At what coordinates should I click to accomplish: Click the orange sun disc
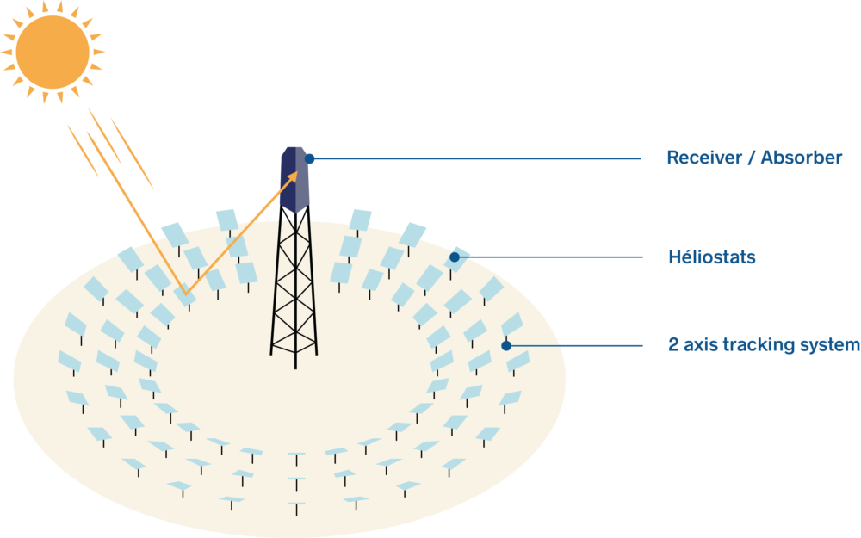click(53, 53)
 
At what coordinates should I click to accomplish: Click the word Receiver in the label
click(704, 158)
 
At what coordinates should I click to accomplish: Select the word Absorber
click(801, 158)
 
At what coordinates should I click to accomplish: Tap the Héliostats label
click(712, 257)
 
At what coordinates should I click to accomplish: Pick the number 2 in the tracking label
click(673, 345)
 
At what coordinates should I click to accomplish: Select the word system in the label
click(829, 345)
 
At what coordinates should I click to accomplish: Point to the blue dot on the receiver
click(310, 158)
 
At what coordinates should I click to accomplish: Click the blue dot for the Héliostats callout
click(455, 257)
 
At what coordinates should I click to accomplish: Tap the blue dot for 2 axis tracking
click(506, 345)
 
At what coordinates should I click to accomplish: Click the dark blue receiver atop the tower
click(294, 180)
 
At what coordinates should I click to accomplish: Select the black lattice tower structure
click(294, 286)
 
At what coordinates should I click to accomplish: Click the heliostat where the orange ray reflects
click(184, 295)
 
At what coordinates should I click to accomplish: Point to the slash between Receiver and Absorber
click(751, 158)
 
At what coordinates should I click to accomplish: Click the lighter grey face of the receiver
click(302, 180)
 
